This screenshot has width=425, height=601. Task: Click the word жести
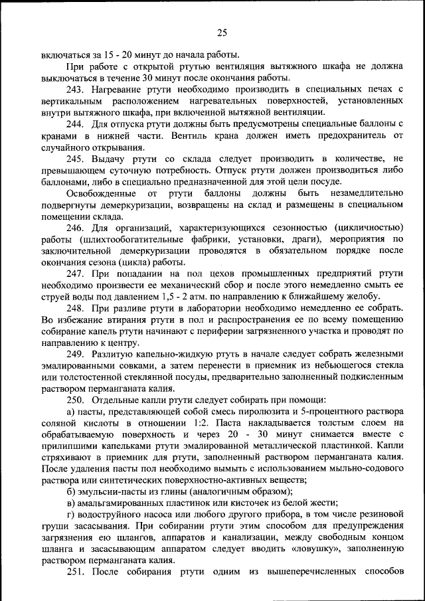click(x=322, y=503)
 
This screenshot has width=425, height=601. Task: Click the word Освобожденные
click(x=100, y=193)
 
